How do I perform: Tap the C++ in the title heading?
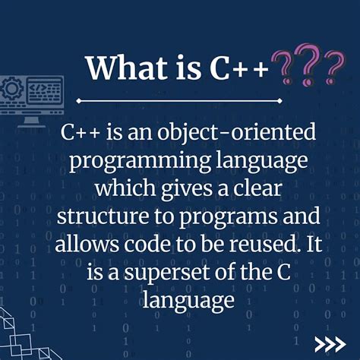tap(242, 68)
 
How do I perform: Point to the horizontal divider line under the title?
tap(179, 99)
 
